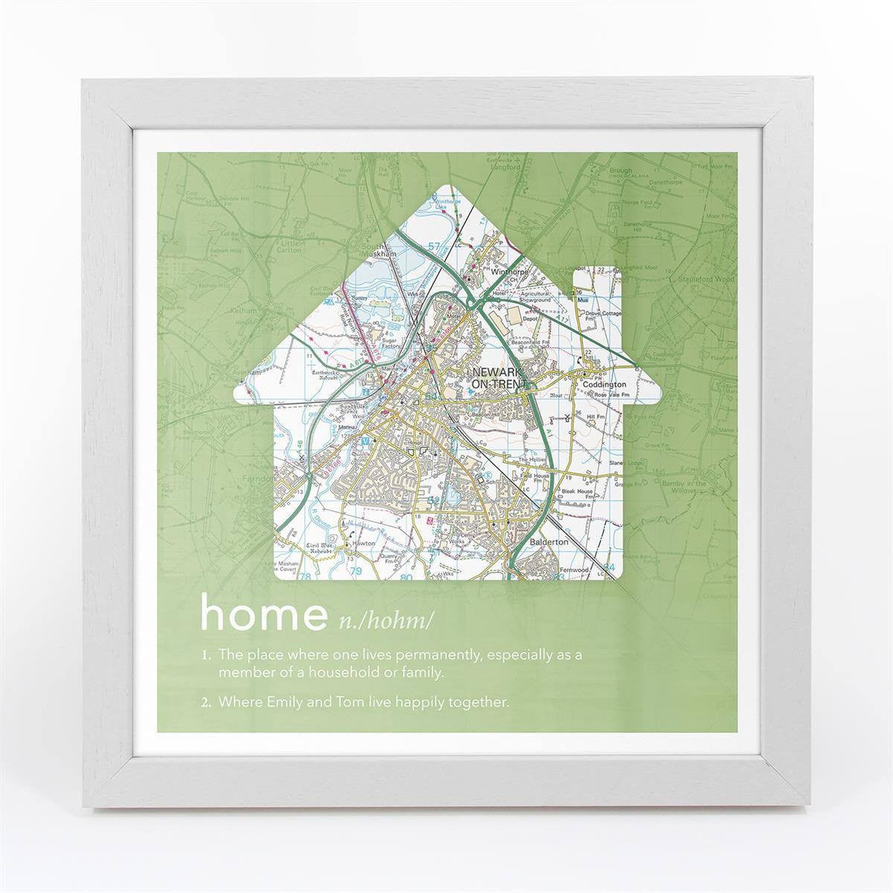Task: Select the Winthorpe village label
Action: click(x=510, y=272)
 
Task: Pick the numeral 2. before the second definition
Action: click(x=207, y=700)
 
